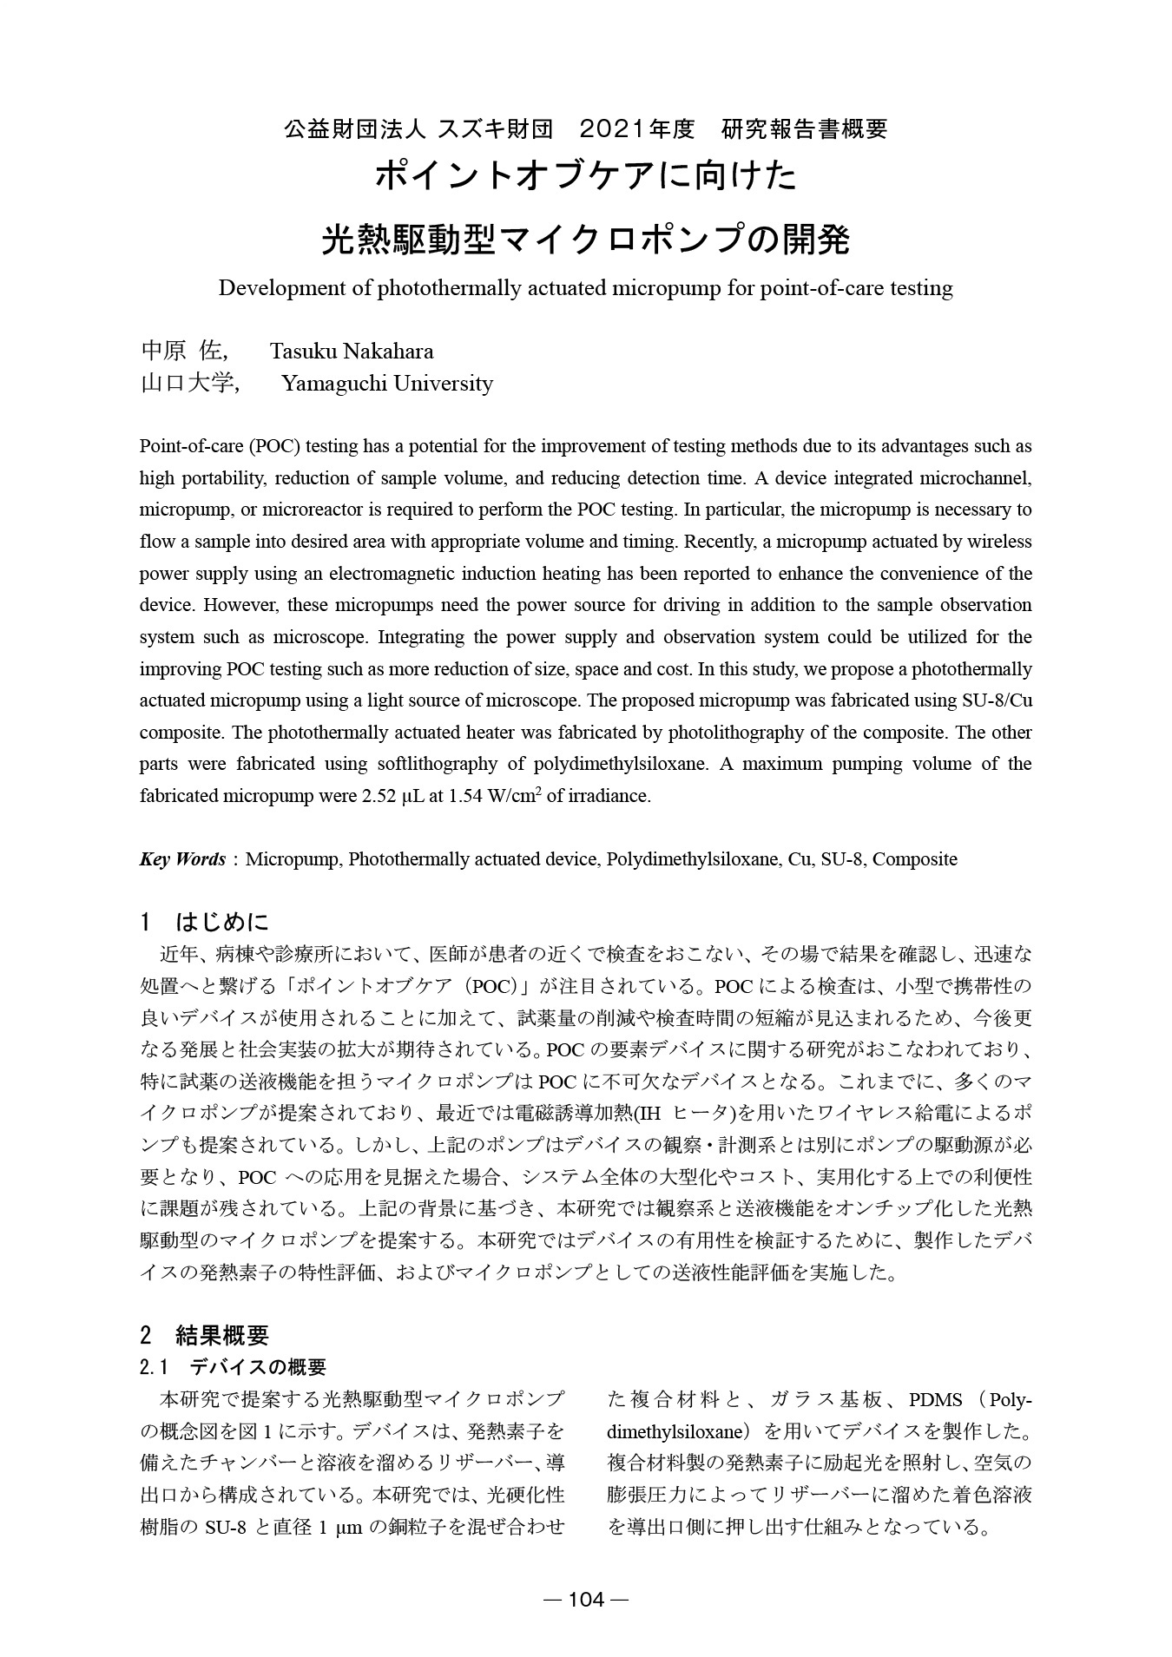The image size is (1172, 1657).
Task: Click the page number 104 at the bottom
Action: click(x=586, y=1600)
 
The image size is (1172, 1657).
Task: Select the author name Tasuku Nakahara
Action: click(x=352, y=352)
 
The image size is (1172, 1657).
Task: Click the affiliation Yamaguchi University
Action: click(x=387, y=384)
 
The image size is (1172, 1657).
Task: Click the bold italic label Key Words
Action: click(x=182, y=859)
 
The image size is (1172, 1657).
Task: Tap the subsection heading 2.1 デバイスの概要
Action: click(x=233, y=1367)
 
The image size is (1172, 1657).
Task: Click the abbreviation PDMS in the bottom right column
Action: click(x=935, y=1400)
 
